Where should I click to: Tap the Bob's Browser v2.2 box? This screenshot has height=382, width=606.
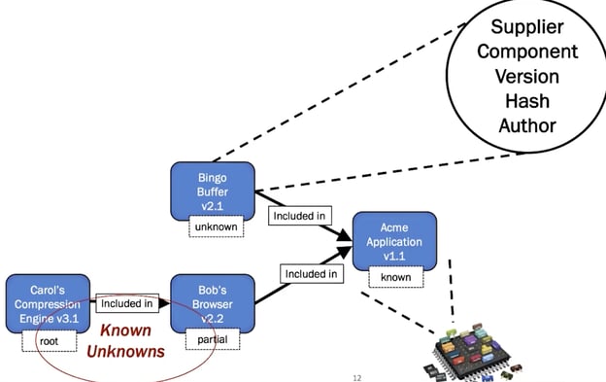coord(213,302)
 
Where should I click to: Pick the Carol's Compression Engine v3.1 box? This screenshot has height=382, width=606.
coord(48,302)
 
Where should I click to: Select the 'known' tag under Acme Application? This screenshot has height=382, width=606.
coord(395,277)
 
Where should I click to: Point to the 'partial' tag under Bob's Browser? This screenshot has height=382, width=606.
coord(213,339)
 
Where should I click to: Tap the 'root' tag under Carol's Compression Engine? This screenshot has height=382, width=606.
coord(49,340)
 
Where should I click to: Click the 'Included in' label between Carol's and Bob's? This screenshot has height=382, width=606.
coord(127,303)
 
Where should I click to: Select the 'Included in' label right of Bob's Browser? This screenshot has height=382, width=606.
coord(311,274)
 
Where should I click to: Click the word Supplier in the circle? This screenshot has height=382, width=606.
coord(527,27)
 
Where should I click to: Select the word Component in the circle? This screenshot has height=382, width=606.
coord(527,52)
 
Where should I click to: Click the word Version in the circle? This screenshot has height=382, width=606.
coord(527,76)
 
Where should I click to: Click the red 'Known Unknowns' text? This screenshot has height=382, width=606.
coord(125,341)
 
